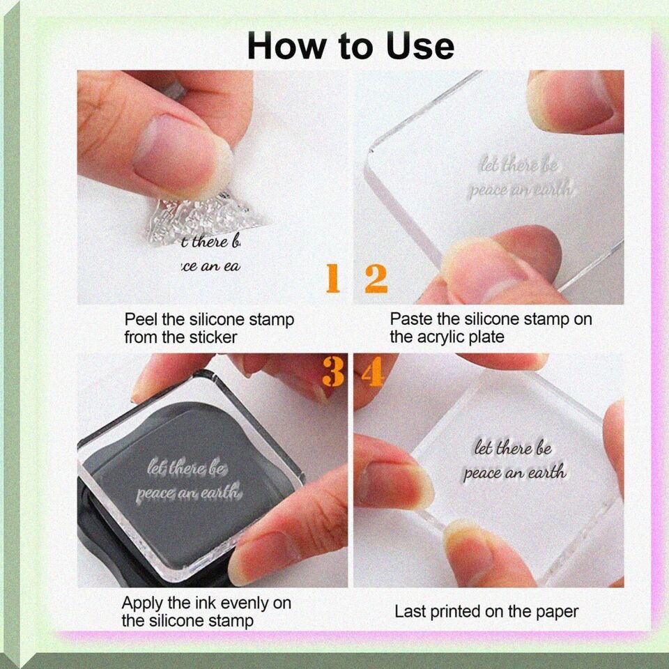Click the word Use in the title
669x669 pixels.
point(420,46)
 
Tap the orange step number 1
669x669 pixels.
point(333,278)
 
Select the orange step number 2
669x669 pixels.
point(376,279)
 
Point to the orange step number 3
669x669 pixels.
point(333,371)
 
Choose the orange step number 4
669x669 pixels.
point(372,371)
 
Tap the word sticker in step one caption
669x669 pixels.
point(213,337)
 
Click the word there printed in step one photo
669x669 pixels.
point(210,242)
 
